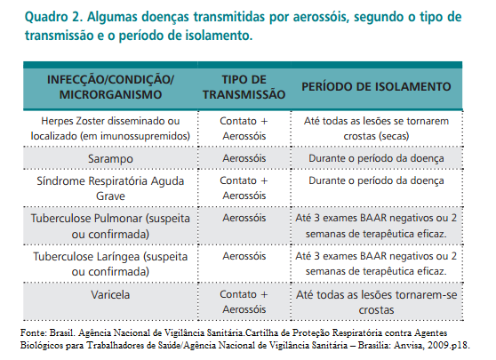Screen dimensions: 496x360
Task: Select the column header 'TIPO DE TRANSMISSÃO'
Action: (x=244, y=86)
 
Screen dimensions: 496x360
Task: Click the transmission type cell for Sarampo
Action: (x=244, y=158)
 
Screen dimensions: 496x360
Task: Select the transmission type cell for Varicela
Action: (x=244, y=300)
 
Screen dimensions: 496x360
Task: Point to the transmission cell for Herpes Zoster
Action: (x=244, y=126)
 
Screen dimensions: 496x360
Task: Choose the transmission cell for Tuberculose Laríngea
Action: (x=244, y=255)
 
